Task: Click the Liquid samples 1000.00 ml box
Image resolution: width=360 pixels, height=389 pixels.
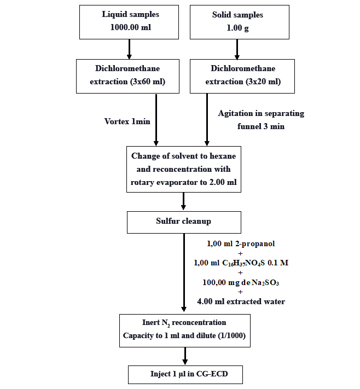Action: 129,22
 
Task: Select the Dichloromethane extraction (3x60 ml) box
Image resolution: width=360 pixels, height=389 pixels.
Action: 129,76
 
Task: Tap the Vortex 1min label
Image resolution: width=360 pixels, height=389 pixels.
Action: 127,121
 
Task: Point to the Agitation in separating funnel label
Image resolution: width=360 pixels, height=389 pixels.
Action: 260,120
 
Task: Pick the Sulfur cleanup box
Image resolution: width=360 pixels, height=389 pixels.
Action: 183,222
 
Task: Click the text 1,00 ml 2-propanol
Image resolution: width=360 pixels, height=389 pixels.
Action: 240,243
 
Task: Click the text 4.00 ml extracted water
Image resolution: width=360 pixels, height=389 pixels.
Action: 241,301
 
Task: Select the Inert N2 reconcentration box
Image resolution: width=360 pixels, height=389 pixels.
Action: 185,330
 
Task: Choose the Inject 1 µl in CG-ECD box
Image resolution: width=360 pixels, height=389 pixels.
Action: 185,375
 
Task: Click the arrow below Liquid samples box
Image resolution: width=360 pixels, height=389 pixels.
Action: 129,49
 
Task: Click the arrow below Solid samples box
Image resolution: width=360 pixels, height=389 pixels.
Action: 237,49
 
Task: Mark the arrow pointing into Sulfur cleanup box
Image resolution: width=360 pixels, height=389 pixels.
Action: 183,202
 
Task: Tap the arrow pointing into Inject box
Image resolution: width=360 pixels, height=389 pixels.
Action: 185,357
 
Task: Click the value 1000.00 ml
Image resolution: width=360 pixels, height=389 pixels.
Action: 129,28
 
